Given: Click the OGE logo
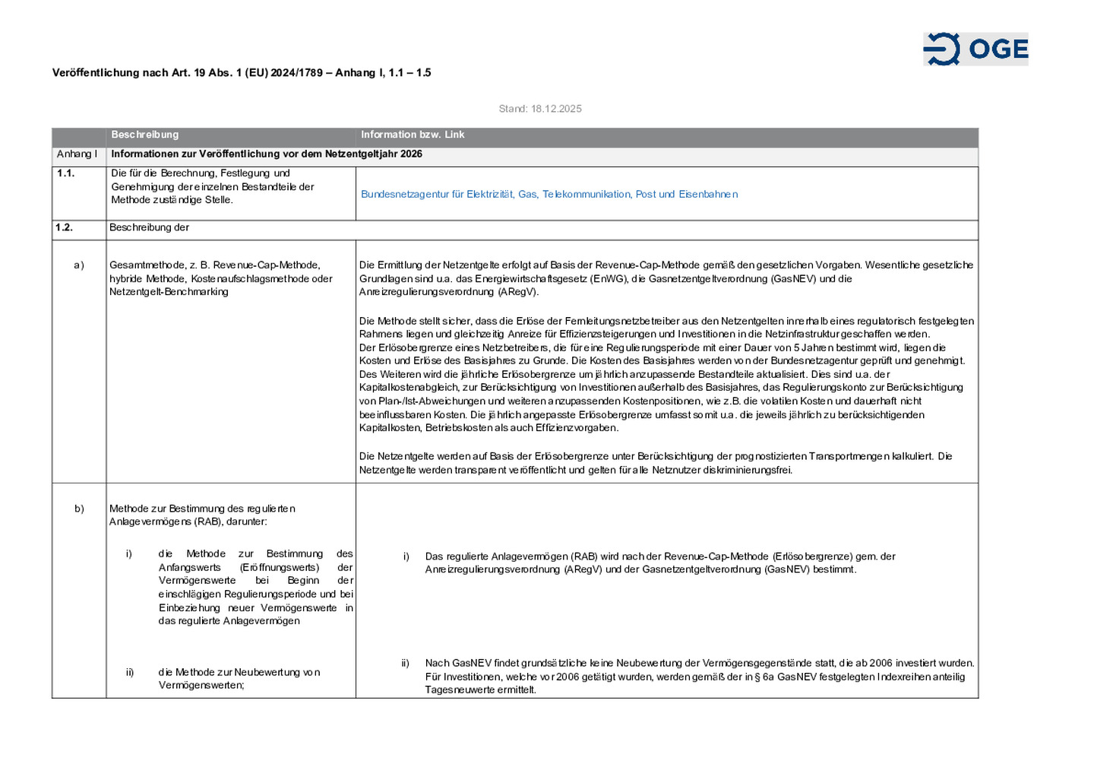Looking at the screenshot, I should coord(975,49).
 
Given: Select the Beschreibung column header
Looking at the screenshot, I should coord(145,135).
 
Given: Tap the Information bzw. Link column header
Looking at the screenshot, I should coord(413,135).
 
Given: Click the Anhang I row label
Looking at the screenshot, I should coord(77,154).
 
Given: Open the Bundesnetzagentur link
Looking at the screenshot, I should coord(549,194).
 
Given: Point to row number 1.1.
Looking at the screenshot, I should coord(66,173).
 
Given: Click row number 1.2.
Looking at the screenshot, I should coord(64,227).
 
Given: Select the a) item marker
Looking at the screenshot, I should coord(79,265).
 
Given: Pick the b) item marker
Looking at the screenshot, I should coord(79,509).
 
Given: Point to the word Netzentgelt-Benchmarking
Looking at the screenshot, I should coord(169,292).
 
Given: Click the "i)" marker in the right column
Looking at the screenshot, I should coord(406,557).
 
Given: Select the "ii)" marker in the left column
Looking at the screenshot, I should coord(130,672).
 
